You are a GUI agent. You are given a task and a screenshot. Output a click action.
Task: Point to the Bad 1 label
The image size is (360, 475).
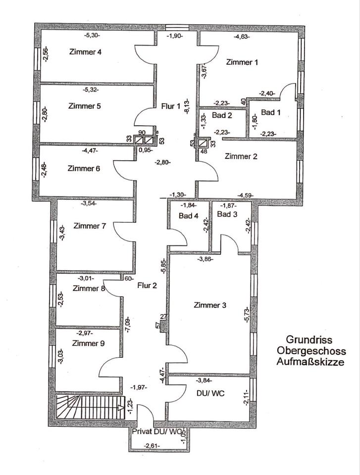click(271, 113)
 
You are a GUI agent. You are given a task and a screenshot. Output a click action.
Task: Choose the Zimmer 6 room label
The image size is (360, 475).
click(84, 168)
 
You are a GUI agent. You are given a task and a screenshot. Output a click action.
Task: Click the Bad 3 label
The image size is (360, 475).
click(227, 214)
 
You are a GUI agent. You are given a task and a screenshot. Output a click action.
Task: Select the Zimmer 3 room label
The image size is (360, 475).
click(210, 305)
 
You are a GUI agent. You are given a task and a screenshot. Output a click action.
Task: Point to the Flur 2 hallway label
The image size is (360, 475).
click(147, 285)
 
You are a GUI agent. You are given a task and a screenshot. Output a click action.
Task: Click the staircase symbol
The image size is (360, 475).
click(89, 407)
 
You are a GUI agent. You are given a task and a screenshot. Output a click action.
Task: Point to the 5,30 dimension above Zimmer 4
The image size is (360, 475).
click(92, 36)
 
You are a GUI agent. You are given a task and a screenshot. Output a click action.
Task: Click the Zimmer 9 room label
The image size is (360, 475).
click(88, 343)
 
